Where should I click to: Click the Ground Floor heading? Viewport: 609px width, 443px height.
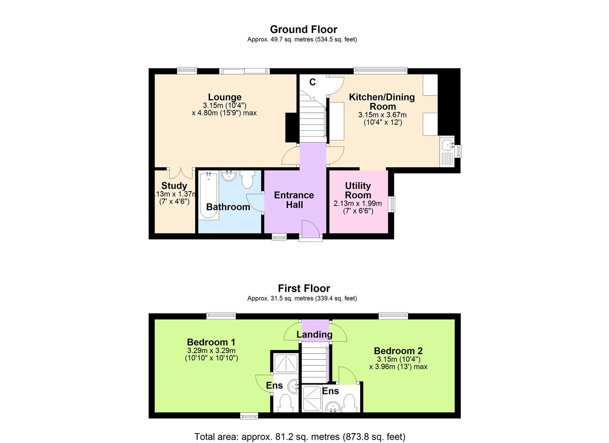pos(303,30)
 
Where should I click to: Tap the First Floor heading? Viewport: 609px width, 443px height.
pos(303,288)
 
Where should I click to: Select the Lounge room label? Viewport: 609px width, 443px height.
pos(224,97)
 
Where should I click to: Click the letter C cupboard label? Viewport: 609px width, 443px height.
pos(312,82)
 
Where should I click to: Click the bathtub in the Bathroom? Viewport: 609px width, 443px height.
pos(208,196)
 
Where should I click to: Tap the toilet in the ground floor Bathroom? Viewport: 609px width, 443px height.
pos(247,179)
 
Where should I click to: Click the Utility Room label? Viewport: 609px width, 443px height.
pos(358,190)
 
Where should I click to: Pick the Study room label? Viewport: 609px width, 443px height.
pos(174,186)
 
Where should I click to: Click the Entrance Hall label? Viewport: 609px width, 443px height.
pos(294,200)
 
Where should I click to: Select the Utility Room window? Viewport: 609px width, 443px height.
pos(393,204)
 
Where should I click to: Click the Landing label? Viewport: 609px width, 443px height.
pos(314,335)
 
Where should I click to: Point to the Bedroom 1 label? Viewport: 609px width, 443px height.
pos(211,342)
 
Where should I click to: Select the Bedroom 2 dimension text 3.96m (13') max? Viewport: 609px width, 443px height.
pos(398,367)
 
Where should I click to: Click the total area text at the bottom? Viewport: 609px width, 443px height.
pos(299,436)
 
